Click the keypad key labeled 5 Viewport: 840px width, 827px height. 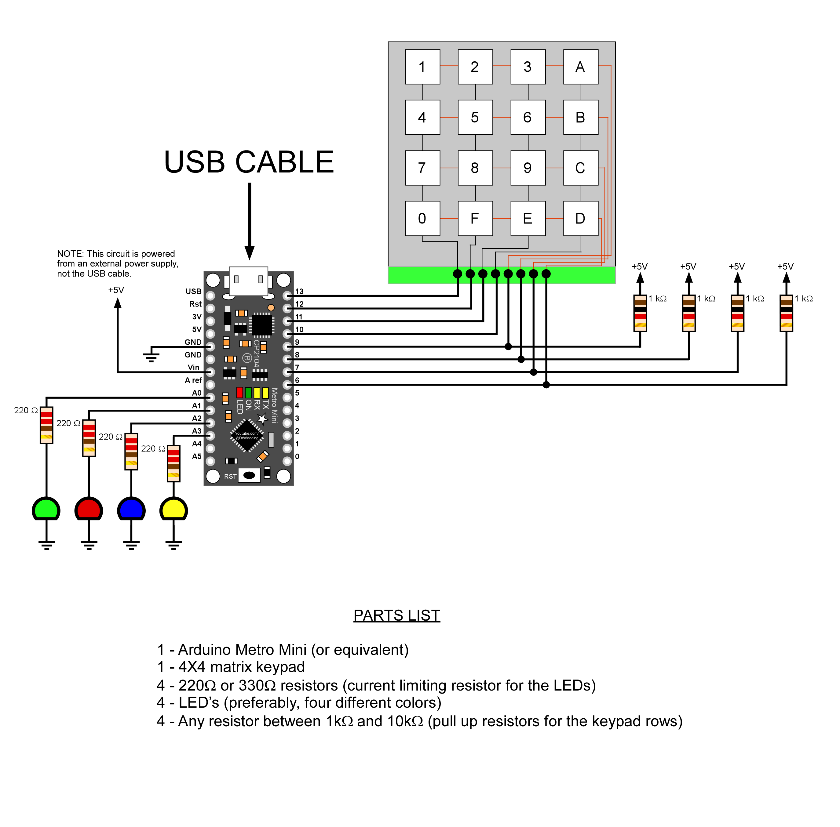click(475, 117)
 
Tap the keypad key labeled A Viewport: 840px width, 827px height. click(580, 67)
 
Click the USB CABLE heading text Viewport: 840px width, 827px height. click(249, 162)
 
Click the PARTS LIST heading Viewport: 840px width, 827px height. click(396, 615)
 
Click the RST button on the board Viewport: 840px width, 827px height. click(249, 475)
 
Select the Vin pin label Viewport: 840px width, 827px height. click(193, 368)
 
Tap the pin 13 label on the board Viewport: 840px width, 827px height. click(299, 292)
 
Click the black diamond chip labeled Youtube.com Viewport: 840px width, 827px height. click(247, 435)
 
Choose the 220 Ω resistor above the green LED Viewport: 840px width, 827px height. click(46, 425)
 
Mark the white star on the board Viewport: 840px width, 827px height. click(262, 419)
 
